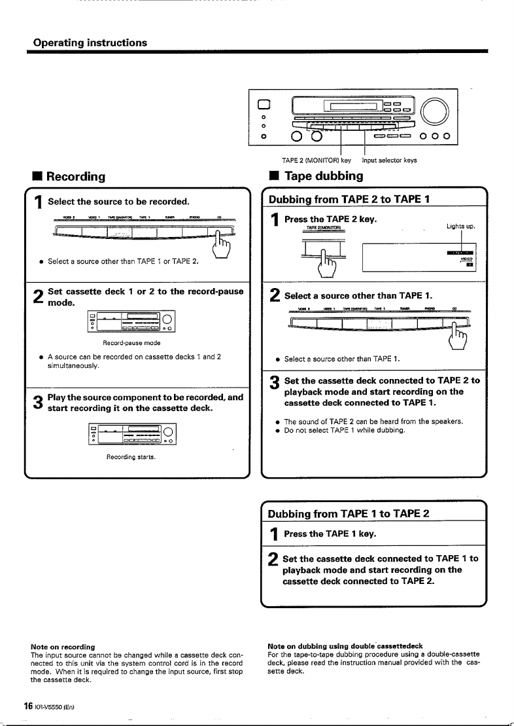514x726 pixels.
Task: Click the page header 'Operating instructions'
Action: coord(90,43)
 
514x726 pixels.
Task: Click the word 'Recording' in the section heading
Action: coord(75,177)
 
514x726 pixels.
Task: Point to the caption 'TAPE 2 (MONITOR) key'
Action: coord(316,160)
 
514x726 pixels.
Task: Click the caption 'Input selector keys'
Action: coord(389,160)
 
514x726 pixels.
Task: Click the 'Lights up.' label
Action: coord(461,227)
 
